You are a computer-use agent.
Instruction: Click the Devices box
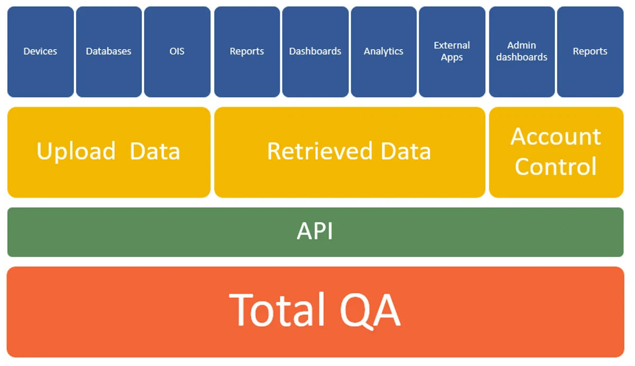pos(41,52)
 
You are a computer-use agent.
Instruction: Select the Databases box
pos(109,52)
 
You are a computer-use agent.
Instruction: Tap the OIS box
pos(177,52)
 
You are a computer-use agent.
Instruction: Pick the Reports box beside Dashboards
pos(247,52)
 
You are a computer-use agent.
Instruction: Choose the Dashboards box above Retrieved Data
pos(315,52)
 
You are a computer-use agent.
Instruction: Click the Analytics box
pos(384,52)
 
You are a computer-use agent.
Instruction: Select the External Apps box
pos(452,52)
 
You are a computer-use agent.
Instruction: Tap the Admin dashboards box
pos(522,52)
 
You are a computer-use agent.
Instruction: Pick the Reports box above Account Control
pos(590,52)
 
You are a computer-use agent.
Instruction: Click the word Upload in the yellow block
pos(76,152)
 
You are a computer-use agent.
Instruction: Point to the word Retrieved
pos(320,151)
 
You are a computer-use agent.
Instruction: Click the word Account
pos(556,137)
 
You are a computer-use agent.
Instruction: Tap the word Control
pos(556,166)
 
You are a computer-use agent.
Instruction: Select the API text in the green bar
pos(315,231)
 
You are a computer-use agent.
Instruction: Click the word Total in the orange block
pos(277,310)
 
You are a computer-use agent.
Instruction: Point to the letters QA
pos(370,311)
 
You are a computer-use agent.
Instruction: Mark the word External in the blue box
pos(452,45)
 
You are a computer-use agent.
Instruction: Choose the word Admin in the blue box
pos(522,45)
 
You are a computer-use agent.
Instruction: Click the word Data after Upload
pos(155,151)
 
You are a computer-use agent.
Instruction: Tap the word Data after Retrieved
pos(406,151)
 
